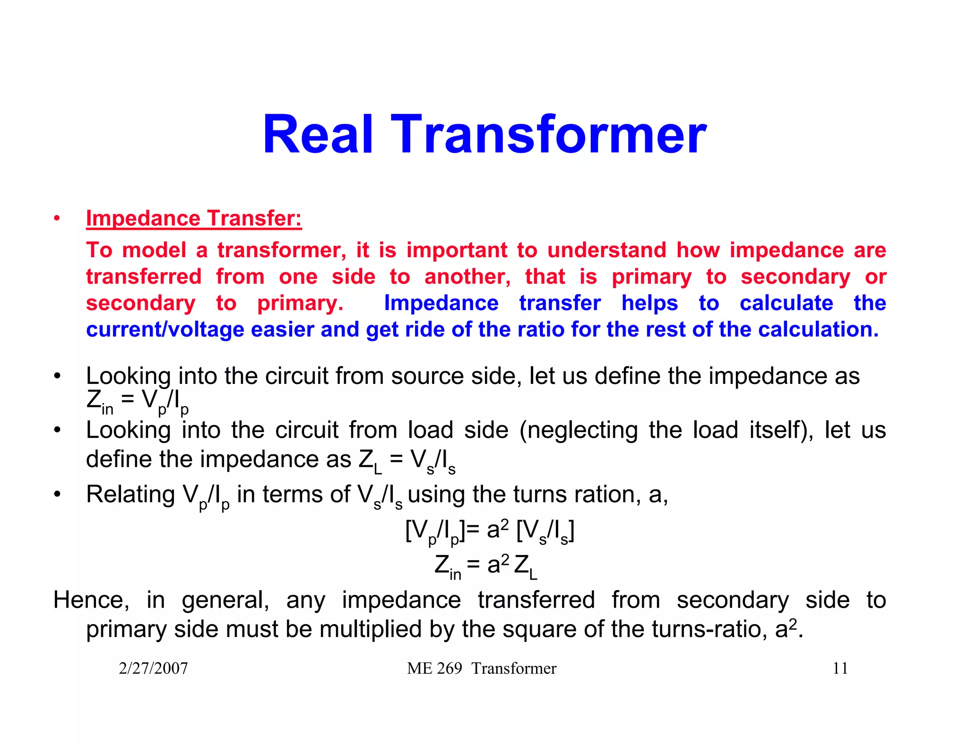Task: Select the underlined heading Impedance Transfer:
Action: (x=194, y=218)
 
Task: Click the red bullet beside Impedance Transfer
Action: (x=57, y=218)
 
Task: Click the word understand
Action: (x=606, y=250)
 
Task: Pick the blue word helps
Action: (x=649, y=303)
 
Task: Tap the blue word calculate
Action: (x=786, y=303)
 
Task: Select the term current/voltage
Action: (x=165, y=330)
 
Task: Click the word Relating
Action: (x=130, y=495)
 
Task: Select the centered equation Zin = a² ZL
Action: (x=486, y=565)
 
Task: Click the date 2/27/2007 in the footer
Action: (x=153, y=668)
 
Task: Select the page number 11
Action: (x=840, y=668)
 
